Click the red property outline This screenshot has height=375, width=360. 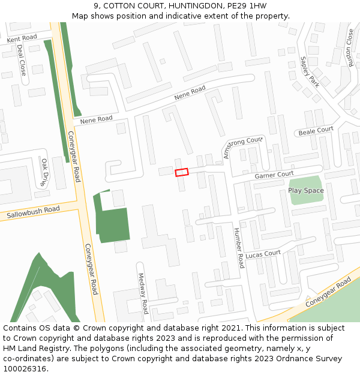coord(181,172)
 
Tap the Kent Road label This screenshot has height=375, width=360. coord(22,38)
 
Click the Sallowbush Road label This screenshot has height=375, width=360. coord(34,212)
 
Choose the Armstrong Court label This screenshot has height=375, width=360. coord(243,147)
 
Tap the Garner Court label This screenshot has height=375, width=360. coord(274,175)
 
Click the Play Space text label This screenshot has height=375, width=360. coord(305,191)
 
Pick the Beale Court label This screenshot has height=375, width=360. coord(316,130)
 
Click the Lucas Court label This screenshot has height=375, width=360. coord(263,254)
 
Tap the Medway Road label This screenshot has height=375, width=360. coord(143,294)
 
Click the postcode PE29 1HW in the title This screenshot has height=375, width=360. coord(247,6)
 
